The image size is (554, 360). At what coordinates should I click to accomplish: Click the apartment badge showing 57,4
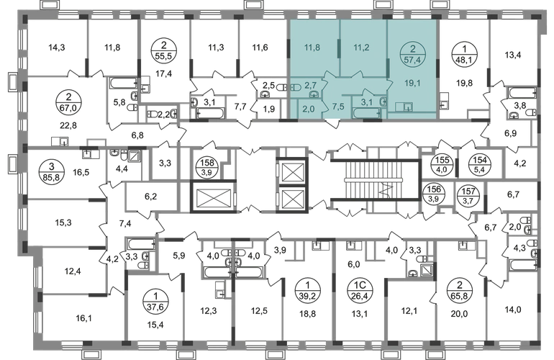click(x=412, y=55)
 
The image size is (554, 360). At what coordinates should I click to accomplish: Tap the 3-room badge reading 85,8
click(x=52, y=172)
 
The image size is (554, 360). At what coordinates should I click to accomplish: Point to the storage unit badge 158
click(x=207, y=167)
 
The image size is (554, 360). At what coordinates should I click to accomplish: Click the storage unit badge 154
click(x=479, y=165)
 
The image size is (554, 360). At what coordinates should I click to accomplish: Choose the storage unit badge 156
click(x=434, y=194)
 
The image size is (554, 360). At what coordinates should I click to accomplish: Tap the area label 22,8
click(x=68, y=125)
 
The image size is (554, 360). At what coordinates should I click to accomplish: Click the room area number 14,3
click(x=57, y=47)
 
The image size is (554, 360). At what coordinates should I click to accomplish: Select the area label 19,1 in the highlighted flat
click(x=412, y=84)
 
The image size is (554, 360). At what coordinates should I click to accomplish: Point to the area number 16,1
click(x=83, y=318)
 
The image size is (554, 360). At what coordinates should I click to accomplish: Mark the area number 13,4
click(x=513, y=55)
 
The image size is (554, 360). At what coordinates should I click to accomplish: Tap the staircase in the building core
click(x=376, y=179)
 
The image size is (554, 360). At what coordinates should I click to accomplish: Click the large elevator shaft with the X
click(x=213, y=197)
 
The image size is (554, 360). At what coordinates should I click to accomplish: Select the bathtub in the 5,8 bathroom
click(x=123, y=84)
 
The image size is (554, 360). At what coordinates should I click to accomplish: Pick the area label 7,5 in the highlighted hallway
click(x=338, y=107)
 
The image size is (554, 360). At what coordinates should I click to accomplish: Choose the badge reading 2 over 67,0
click(x=68, y=102)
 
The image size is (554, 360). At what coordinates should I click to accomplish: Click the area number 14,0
click(x=513, y=310)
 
